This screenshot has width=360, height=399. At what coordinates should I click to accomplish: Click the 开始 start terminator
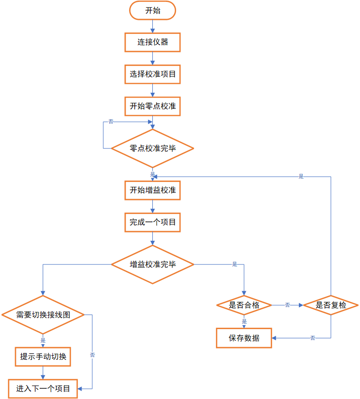click(152, 11)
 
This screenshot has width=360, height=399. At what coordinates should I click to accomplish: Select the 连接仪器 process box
click(152, 42)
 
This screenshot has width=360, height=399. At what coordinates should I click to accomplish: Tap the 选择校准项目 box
click(152, 74)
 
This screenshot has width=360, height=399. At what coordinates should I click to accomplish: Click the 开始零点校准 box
click(152, 106)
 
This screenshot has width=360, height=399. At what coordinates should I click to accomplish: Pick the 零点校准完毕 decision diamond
click(152, 149)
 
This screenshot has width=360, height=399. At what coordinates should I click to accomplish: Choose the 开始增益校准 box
click(152, 190)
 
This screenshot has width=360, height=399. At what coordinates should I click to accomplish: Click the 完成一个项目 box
click(152, 223)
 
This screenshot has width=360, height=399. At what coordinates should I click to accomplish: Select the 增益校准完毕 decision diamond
click(152, 265)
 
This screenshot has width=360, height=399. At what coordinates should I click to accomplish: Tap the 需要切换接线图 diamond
click(43, 315)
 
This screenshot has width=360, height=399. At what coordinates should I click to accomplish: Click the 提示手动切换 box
click(43, 357)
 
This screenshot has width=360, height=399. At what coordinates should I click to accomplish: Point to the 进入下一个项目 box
click(43, 388)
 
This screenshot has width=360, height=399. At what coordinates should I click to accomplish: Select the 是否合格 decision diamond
click(244, 305)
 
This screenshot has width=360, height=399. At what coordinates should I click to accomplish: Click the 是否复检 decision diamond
click(331, 305)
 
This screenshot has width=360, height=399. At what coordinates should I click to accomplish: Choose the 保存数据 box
click(244, 338)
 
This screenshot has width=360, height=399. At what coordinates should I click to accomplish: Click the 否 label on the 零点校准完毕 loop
click(111, 121)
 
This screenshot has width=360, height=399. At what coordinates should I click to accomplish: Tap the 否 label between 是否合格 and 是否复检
click(287, 305)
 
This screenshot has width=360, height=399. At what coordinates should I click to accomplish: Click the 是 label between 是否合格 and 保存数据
click(244, 321)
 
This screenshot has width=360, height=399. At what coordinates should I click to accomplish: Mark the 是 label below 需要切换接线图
click(43, 341)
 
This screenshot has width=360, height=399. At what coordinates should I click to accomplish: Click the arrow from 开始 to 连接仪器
click(152, 26)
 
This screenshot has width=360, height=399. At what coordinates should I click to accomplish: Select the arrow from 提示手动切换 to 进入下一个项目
click(43, 373)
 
